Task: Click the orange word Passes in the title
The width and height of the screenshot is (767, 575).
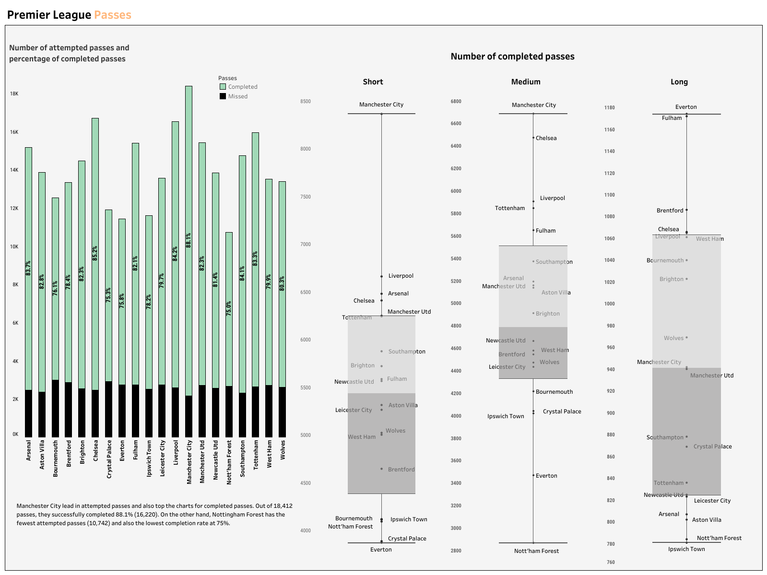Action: tap(112, 15)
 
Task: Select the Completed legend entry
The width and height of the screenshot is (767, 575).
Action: tap(242, 87)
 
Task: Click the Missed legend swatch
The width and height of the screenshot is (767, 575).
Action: tap(223, 96)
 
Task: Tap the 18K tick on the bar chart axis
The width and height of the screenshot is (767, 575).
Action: tap(14, 94)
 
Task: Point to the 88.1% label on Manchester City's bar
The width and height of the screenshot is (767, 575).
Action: tap(189, 240)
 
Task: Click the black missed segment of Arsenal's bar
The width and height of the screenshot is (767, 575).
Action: tap(29, 413)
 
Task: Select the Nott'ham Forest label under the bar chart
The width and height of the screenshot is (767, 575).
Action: tap(229, 462)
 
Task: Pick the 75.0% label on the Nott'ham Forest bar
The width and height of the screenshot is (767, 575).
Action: tap(229, 308)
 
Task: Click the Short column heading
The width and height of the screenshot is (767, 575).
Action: tap(373, 82)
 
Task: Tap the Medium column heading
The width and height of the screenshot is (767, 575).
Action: tap(525, 82)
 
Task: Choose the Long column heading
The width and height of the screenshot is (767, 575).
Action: tap(679, 82)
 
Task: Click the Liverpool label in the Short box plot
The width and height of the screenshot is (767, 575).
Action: tap(401, 276)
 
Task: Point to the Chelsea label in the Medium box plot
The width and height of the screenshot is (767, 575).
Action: tap(546, 138)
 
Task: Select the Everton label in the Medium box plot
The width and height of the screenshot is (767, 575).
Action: tap(546, 476)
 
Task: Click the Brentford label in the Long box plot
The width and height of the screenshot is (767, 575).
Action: tap(670, 211)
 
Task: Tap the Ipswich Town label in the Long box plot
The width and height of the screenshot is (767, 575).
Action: tap(686, 549)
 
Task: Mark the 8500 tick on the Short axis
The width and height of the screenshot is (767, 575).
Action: tap(306, 102)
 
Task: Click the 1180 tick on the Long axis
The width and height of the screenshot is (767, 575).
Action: tap(609, 108)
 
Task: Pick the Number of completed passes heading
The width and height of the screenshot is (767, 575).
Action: tap(512, 57)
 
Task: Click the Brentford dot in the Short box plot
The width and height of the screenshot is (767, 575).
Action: tap(382, 469)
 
